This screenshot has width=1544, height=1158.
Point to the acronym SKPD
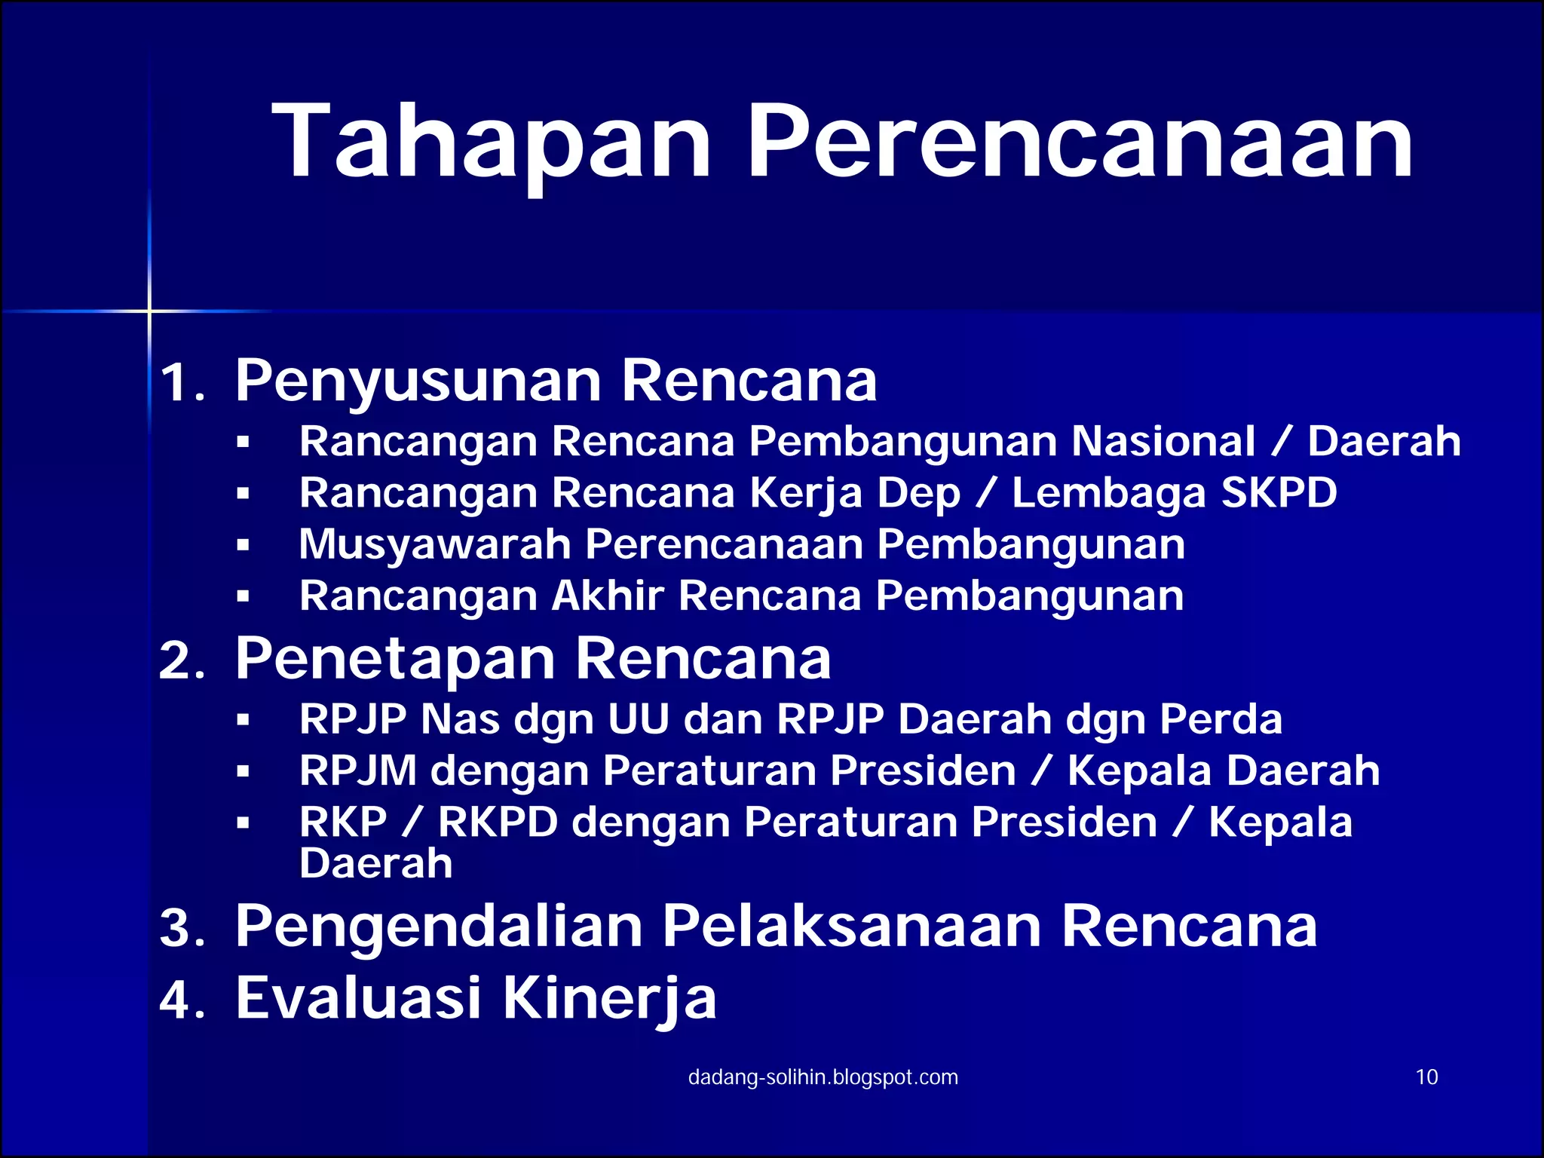1279,493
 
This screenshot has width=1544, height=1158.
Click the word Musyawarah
435,545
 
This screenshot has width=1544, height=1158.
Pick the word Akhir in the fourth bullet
608,596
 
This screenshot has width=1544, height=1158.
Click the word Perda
1221,718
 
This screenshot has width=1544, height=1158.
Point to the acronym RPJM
358,770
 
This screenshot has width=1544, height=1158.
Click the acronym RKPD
498,822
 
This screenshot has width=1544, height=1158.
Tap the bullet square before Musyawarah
243,546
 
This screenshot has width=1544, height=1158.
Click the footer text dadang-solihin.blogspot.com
823,1077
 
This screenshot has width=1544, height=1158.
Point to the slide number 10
1426,1077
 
